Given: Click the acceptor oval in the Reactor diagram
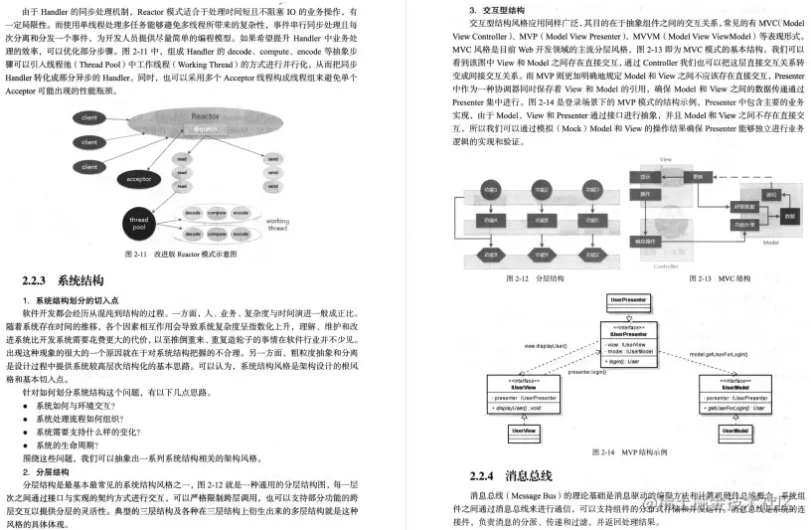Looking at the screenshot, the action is pyautogui.click(x=137, y=179).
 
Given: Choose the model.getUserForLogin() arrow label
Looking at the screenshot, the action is pyautogui.click(x=719, y=353).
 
